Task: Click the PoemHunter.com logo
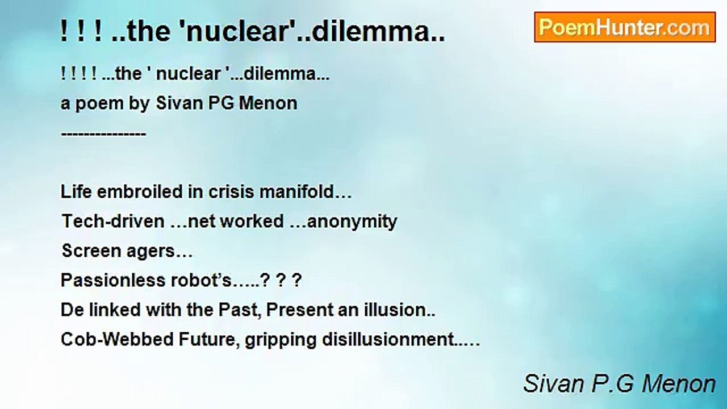625,27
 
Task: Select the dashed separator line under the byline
103,133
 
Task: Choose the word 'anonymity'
352,222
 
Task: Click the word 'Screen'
91,251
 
